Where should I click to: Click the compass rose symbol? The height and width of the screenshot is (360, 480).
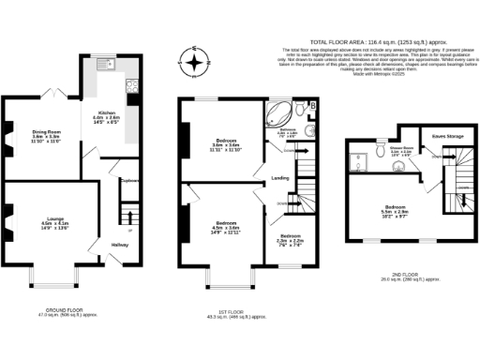coord(194,65)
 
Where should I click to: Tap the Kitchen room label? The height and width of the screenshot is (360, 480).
coord(104,117)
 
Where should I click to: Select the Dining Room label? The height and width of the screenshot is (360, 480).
coord(46,134)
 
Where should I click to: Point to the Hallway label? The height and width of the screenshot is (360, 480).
coord(121,245)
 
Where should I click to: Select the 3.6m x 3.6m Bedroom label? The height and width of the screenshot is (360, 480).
coord(217,144)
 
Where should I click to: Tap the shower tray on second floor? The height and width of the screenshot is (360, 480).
coord(357,165)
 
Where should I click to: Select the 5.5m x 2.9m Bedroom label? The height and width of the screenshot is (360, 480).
coord(394,213)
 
